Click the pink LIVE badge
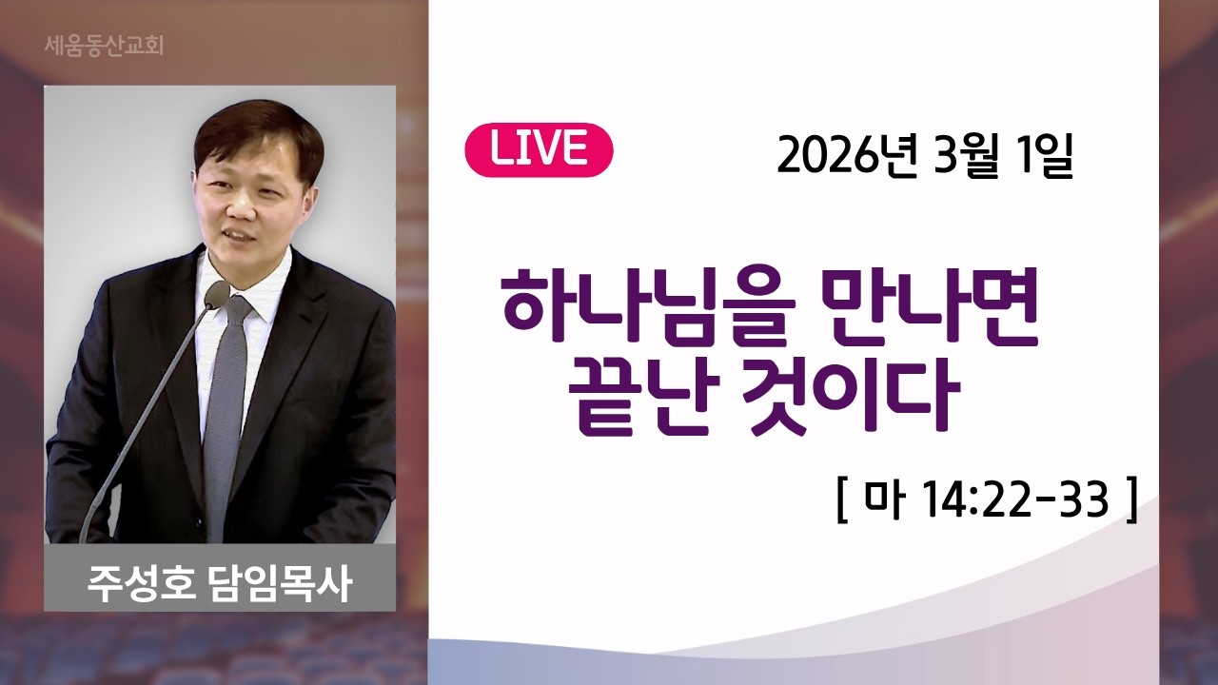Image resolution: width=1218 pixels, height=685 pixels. (x=539, y=149)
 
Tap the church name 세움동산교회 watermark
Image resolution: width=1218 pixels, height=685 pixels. (x=104, y=45)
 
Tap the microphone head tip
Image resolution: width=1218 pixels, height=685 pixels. (x=218, y=294)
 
